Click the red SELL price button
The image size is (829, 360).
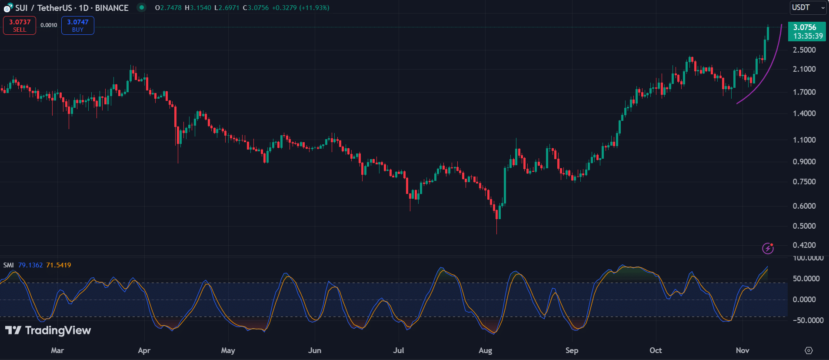pyautogui.click(x=20, y=26)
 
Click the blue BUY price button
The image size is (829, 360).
pyautogui.click(x=78, y=26)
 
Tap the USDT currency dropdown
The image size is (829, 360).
pyautogui.click(x=808, y=7)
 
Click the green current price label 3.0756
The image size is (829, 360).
pyautogui.click(x=806, y=31)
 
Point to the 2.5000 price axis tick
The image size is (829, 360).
pyautogui.click(x=804, y=50)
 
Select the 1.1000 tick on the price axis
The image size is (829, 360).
pyautogui.click(x=804, y=140)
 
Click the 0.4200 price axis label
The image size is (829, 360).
pyautogui.click(x=804, y=245)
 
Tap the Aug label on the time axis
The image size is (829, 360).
pyautogui.click(x=485, y=350)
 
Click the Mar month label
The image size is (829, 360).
pyautogui.click(x=57, y=350)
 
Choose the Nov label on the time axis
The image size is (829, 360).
pyautogui.click(x=742, y=350)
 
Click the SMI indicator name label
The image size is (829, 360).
pyautogui.click(x=9, y=265)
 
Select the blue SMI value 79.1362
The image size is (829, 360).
pyautogui.click(x=30, y=265)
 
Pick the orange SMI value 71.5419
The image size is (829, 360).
pyautogui.click(x=59, y=265)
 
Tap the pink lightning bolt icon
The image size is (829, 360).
pyautogui.click(x=768, y=248)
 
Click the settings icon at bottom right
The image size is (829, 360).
pyautogui.click(x=809, y=350)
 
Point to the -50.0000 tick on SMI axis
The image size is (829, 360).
pyautogui.click(x=808, y=320)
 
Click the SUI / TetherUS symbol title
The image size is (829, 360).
pyautogui.click(x=72, y=8)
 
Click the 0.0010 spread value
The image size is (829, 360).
pyautogui.click(x=49, y=25)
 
